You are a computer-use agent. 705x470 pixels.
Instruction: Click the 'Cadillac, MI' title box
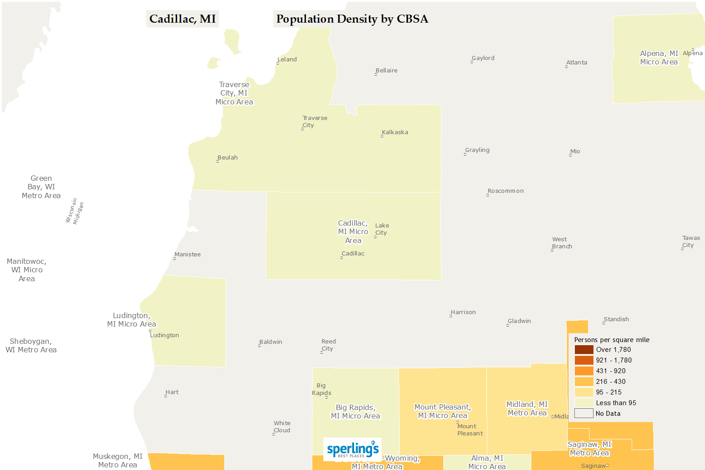click(182, 19)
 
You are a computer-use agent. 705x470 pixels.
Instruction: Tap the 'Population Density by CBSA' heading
click(352, 19)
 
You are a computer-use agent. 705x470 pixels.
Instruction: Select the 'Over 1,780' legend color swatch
click(584, 350)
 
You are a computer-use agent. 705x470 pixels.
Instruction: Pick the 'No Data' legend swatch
click(584, 414)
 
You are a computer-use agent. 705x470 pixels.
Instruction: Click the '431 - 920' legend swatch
click(584, 371)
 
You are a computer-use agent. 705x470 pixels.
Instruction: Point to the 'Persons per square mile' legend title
click(611, 340)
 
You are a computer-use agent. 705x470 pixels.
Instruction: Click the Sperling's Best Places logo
click(353, 449)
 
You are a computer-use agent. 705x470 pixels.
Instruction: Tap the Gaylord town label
click(483, 58)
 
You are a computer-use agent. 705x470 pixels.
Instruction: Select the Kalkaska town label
click(395, 132)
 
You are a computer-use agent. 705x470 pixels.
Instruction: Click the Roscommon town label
click(506, 191)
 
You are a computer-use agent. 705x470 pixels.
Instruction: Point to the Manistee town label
click(187, 255)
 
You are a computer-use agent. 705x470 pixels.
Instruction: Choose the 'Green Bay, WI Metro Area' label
click(41, 187)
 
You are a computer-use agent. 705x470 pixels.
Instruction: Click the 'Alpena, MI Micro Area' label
click(659, 58)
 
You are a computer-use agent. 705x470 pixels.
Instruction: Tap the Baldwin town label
click(271, 342)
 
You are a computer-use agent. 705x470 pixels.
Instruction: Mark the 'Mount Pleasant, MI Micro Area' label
click(442, 411)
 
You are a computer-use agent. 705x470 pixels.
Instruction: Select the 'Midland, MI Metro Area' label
click(527, 409)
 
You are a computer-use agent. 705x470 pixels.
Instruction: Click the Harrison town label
click(463, 312)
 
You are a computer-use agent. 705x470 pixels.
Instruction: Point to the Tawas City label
click(690, 242)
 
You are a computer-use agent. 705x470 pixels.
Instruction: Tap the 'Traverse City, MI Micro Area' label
click(234, 93)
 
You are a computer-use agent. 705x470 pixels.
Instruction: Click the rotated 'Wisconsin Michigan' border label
click(75, 211)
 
